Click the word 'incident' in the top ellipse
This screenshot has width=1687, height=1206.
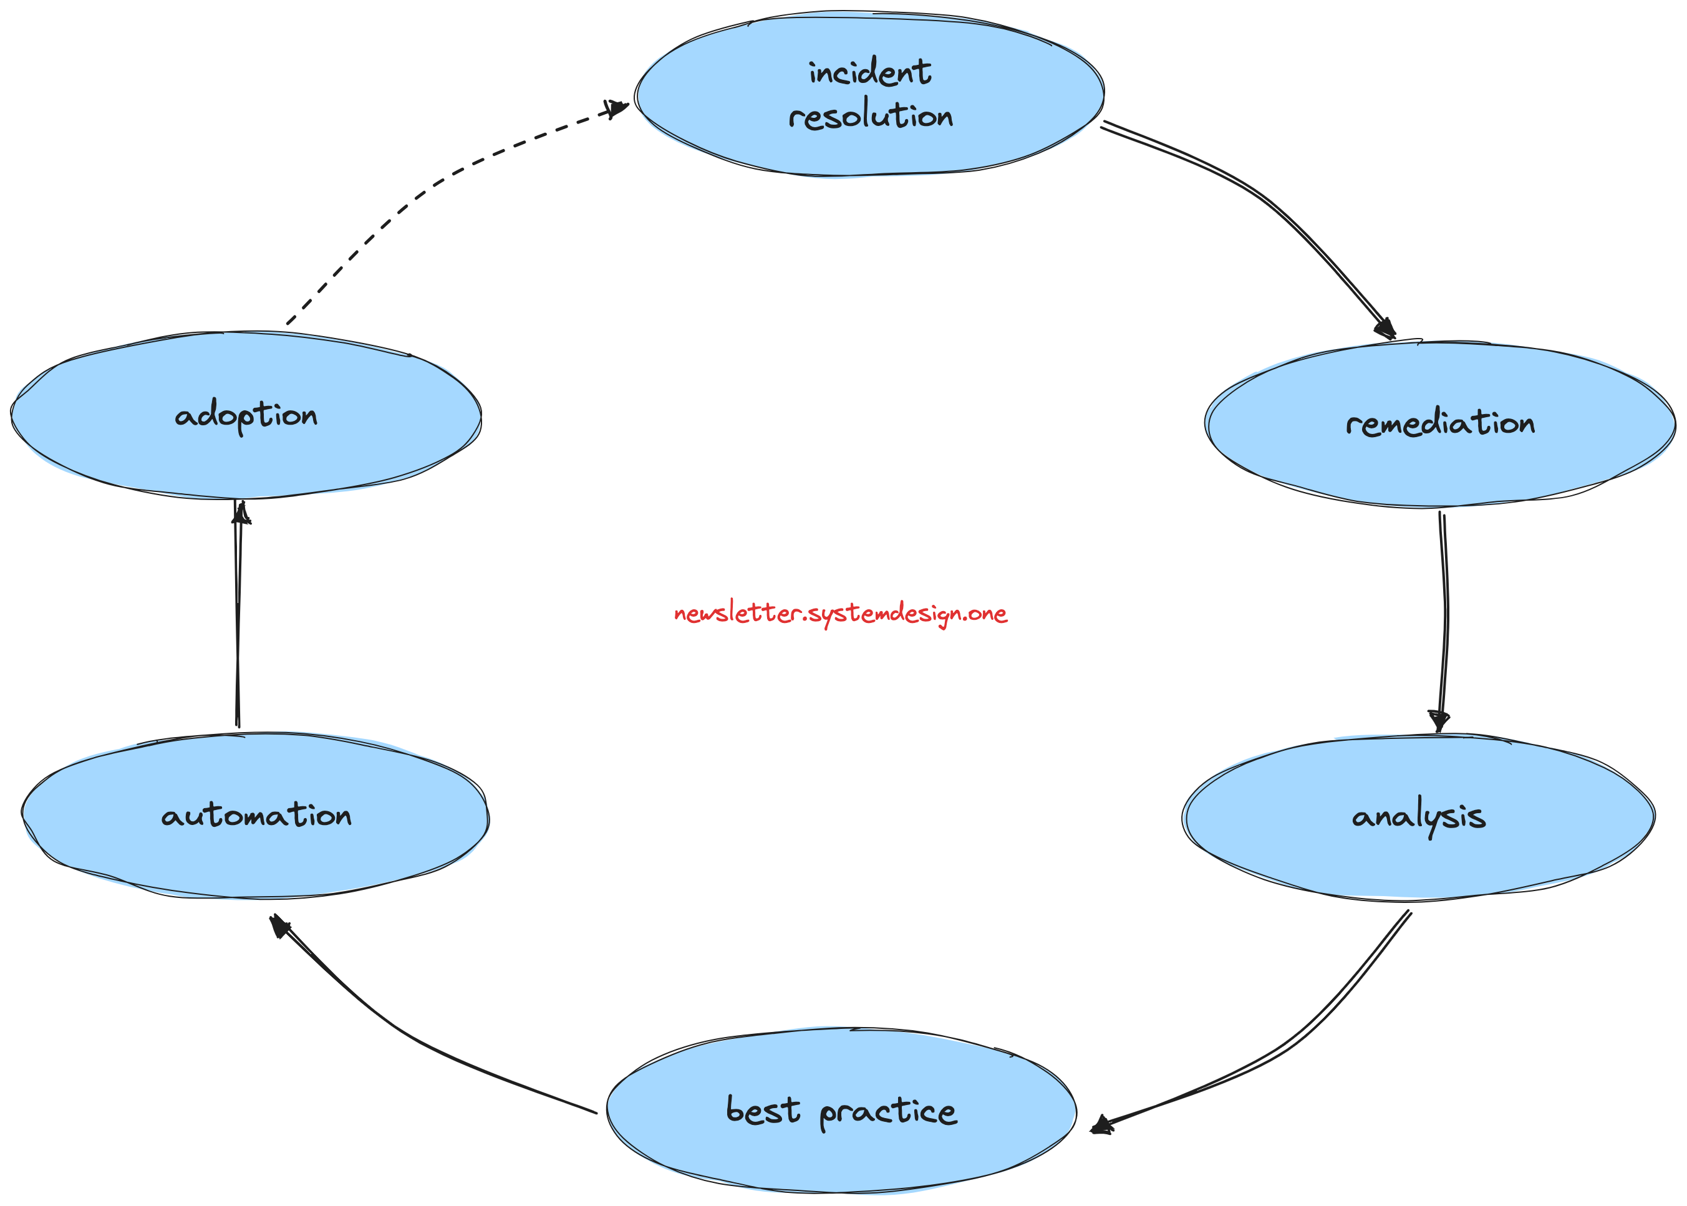pos(869,73)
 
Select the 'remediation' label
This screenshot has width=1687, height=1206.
pos(1440,423)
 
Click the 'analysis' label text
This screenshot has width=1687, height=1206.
pos(1418,816)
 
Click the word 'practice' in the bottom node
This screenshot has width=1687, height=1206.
pos(888,1112)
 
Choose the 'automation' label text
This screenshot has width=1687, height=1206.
pos(256,816)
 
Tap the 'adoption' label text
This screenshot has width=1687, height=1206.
pos(246,415)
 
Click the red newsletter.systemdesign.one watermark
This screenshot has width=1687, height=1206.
pos(841,614)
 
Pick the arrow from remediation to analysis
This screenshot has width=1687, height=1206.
pos(1446,616)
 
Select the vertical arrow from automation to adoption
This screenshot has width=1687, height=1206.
pos(238,616)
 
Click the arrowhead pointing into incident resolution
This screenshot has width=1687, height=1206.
pos(616,109)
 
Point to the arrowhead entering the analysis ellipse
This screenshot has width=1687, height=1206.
pos(1439,721)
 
